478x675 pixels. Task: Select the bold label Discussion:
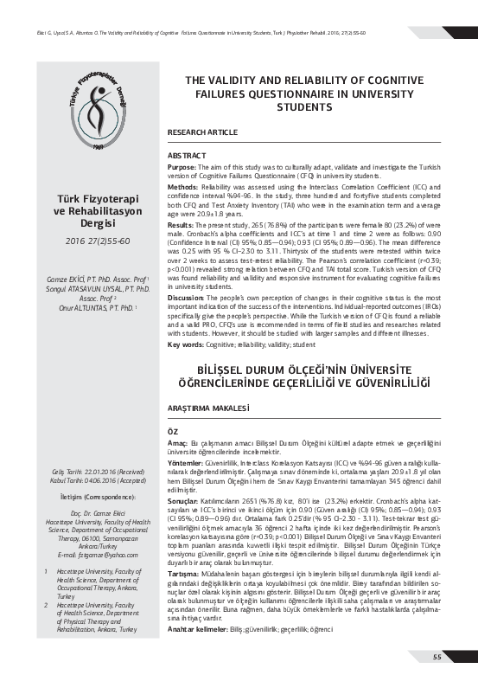[186, 298]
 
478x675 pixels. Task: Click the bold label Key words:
[186, 344]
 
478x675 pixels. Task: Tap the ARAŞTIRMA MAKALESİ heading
[208, 407]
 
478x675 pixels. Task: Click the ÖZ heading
[172, 430]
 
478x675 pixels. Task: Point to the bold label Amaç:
[177, 442]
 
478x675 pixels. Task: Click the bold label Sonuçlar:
[183, 500]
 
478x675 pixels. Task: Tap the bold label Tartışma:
[183, 575]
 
